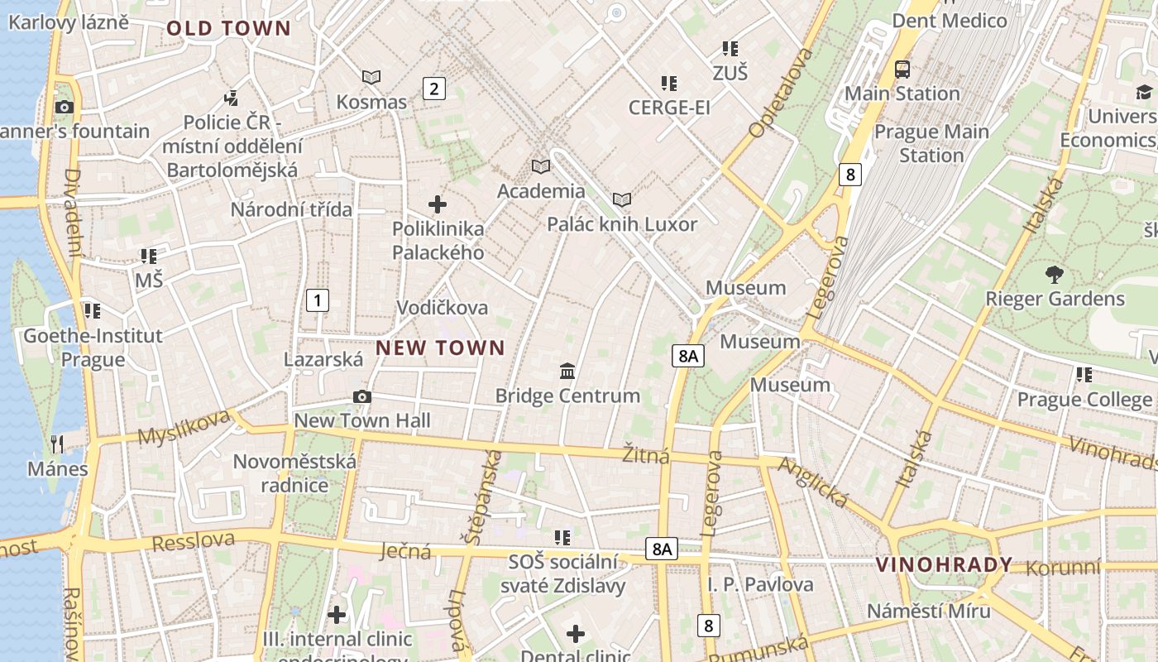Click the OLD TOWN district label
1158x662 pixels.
(x=228, y=28)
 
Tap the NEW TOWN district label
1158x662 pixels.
(x=440, y=348)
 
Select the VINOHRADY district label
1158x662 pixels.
(x=944, y=565)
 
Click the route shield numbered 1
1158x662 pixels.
(x=317, y=300)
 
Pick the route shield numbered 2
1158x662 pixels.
(x=433, y=88)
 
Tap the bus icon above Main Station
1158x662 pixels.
(x=902, y=69)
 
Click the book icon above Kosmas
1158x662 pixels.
(x=371, y=77)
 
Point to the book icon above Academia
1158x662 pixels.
(x=541, y=166)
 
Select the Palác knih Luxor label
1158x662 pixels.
(x=622, y=224)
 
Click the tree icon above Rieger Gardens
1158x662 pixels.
(x=1054, y=274)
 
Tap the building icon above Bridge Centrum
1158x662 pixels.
(x=567, y=371)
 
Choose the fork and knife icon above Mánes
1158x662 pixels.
(x=57, y=444)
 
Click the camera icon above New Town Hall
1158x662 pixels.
(x=361, y=396)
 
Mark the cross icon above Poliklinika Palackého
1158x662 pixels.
(x=438, y=204)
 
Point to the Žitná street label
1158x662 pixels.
(x=645, y=454)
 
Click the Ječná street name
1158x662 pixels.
(x=405, y=550)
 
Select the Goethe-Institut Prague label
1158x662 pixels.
(x=93, y=348)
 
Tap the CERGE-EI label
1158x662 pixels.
(x=669, y=108)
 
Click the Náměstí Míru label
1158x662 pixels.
(x=928, y=611)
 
